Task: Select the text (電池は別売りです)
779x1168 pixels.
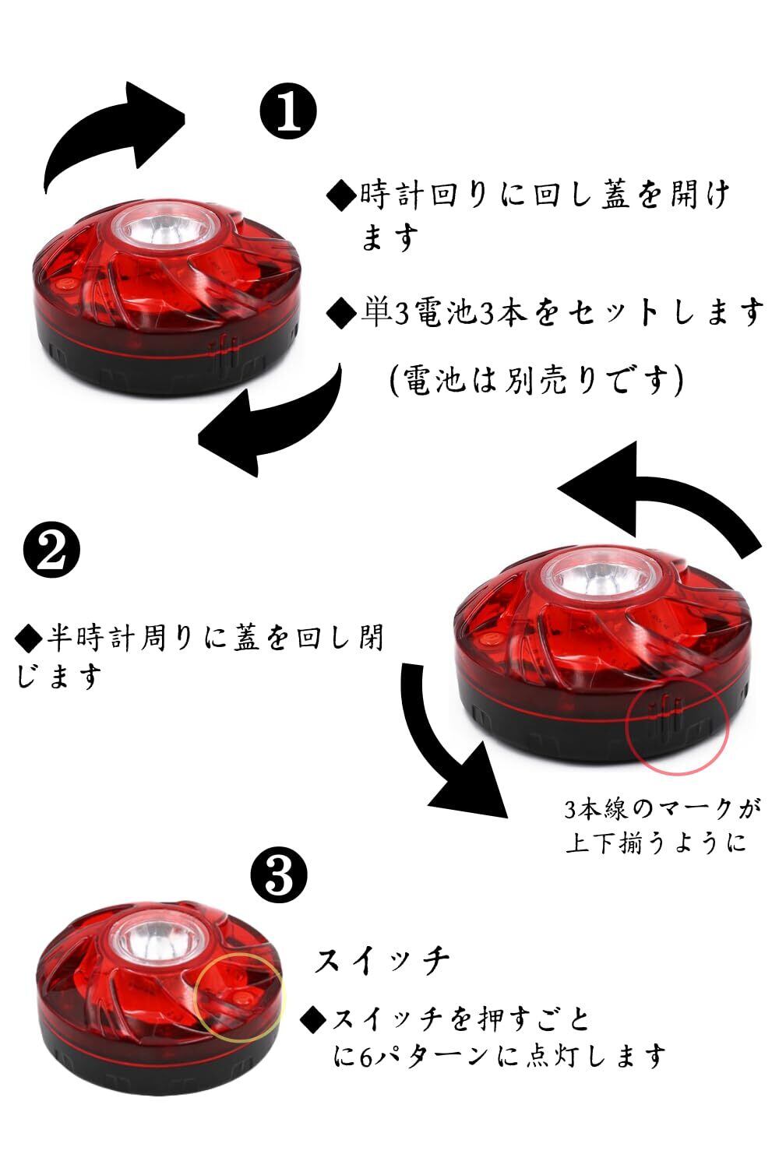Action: (x=538, y=380)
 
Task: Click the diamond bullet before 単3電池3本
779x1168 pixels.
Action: (x=341, y=313)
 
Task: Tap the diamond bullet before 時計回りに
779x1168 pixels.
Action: (x=341, y=193)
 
